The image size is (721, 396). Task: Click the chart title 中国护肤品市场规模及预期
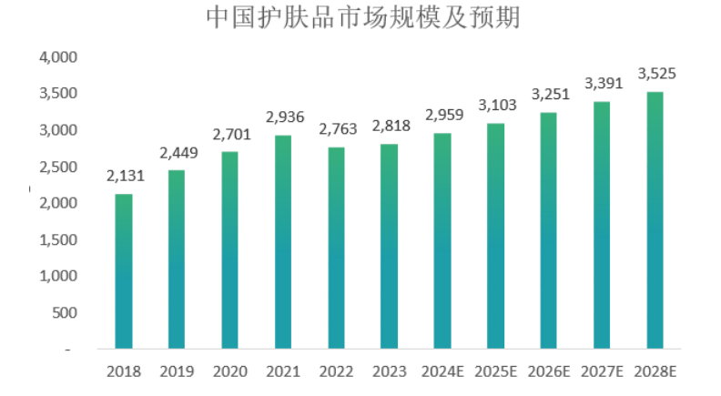click(363, 17)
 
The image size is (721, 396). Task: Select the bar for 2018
click(124, 271)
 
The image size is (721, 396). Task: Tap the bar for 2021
click(283, 242)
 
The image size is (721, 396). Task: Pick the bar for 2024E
click(442, 241)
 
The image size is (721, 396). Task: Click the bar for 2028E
click(655, 220)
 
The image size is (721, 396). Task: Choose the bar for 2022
click(336, 248)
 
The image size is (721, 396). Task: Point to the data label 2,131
click(126, 176)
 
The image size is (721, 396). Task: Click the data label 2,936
click(285, 117)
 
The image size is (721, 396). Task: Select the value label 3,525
click(656, 74)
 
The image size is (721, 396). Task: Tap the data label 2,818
click(391, 126)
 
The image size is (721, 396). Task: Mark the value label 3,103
click(498, 106)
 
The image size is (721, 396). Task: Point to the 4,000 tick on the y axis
click(58, 57)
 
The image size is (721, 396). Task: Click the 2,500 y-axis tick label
click(58, 167)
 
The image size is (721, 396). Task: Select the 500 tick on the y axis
click(65, 313)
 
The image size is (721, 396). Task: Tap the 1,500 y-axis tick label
click(58, 239)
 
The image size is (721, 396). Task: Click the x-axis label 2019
click(177, 371)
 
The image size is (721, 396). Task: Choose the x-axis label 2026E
click(549, 371)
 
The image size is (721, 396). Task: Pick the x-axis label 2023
click(390, 371)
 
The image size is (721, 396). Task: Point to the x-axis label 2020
click(230, 371)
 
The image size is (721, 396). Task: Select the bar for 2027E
click(602, 226)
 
